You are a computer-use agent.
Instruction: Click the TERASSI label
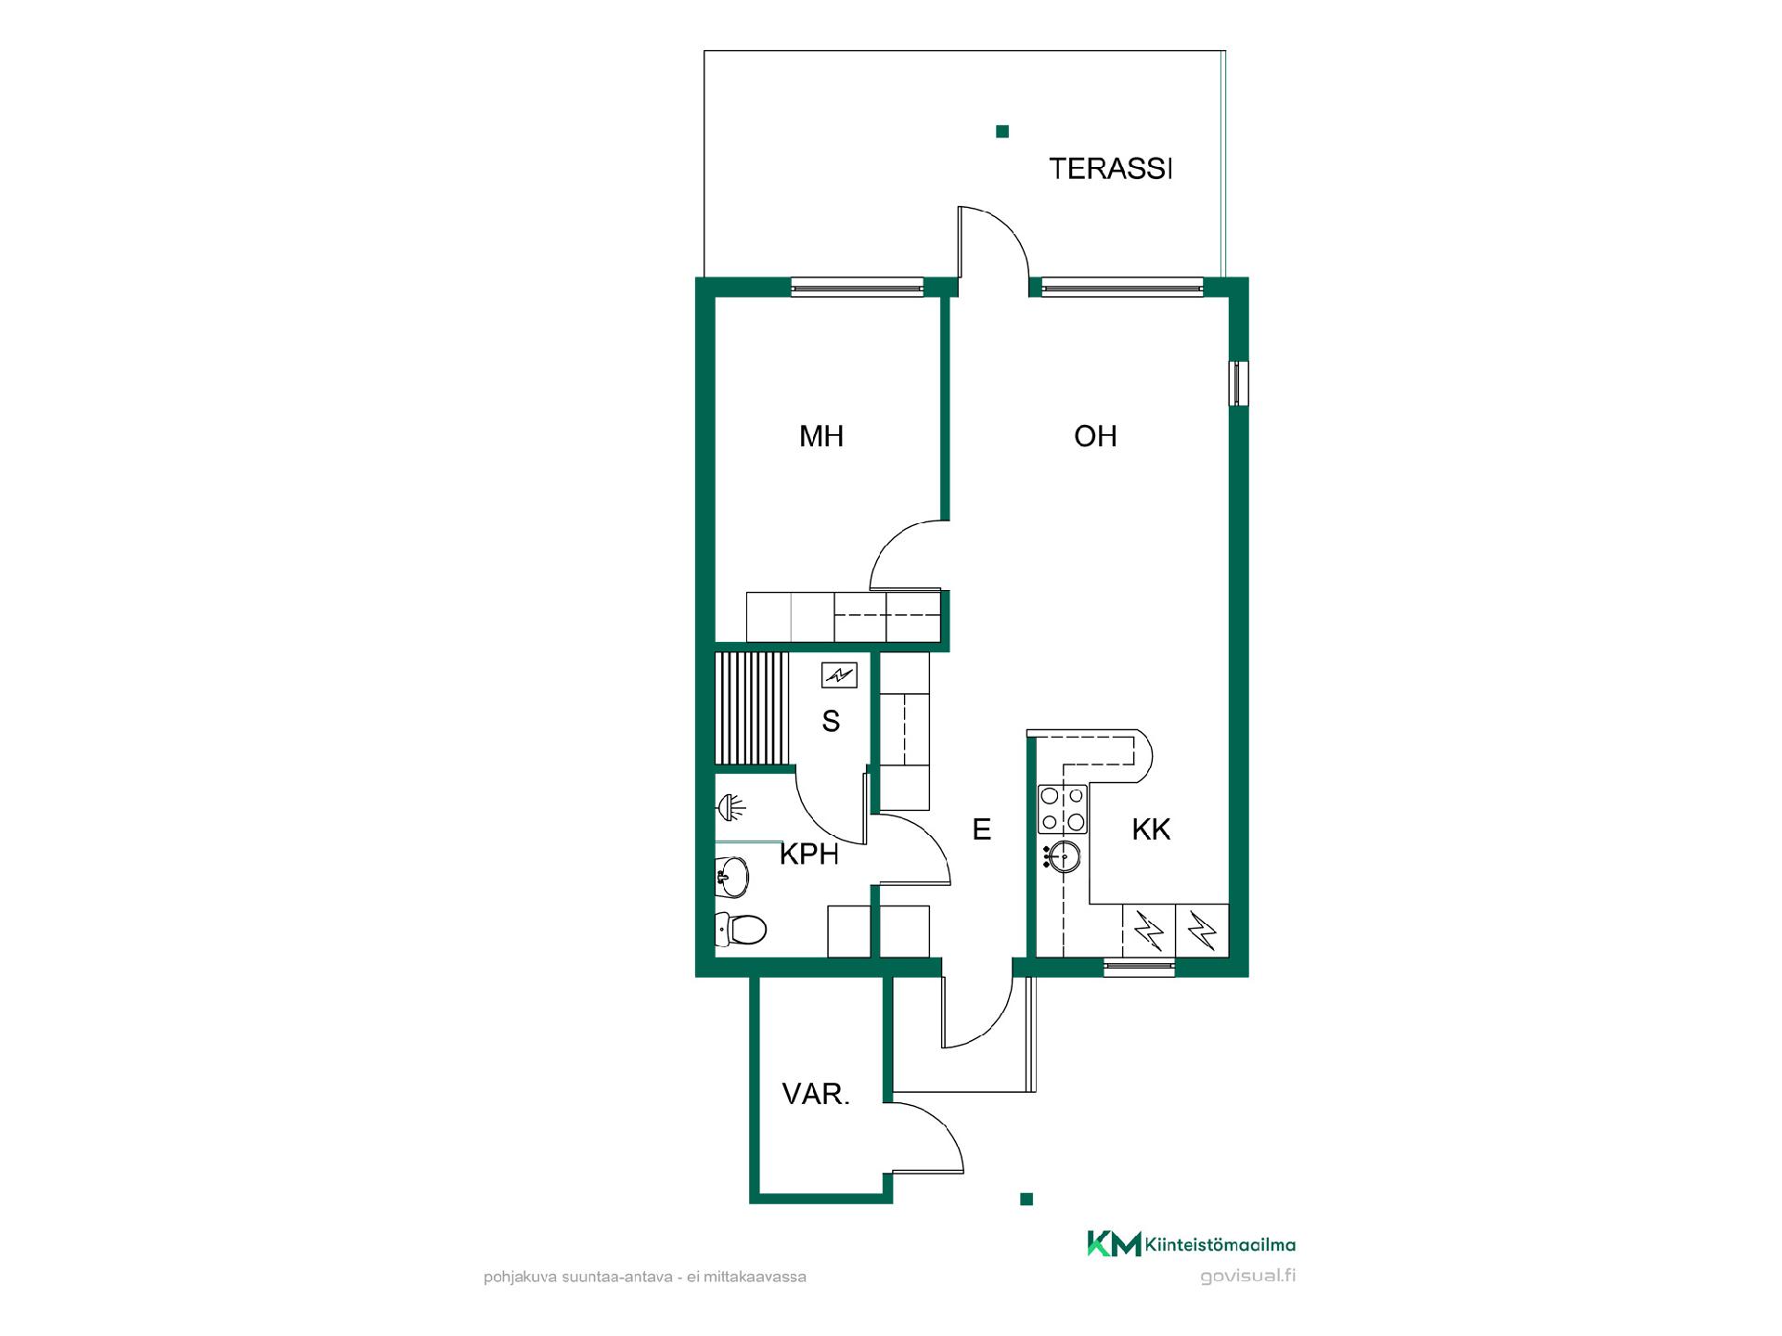pos(1111,169)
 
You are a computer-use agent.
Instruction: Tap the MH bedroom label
pos(821,436)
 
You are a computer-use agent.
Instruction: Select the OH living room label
pos(1095,436)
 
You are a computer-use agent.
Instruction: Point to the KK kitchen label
pos(1151,829)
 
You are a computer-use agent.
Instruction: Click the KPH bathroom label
pos(809,854)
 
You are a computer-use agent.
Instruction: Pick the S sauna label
pos(831,721)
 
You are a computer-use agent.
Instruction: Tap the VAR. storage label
pos(816,1095)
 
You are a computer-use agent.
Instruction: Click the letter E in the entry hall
pos(982,829)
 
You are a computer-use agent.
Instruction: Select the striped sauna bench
pos(751,709)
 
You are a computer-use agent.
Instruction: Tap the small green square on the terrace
pos(1002,132)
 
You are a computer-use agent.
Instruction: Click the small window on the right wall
pos(1238,383)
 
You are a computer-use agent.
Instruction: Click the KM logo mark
pos(1114,1244)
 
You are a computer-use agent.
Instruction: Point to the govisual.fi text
pos(1247,1276)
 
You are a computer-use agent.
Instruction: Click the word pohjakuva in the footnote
pos(520,1278)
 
